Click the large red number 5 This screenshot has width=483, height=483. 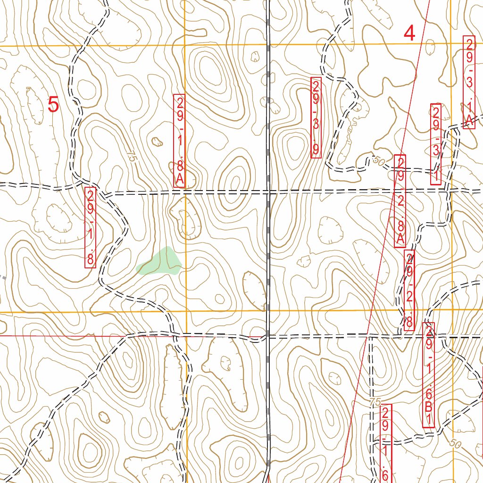coord(53,105)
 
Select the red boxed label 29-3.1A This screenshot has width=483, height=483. coord(469,82)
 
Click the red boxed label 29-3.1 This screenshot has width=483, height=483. coord(436,144)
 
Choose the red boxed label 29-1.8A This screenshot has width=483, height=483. coord(179,141)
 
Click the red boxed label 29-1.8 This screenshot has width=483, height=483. coord(90,228)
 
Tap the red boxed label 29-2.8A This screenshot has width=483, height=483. coord(400,200)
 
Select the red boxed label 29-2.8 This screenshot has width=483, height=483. coord(410,290)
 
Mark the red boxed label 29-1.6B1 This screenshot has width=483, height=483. coord(428,375)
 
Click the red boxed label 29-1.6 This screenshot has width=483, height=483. coord(386,443)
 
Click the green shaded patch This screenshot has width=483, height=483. coord(160,262)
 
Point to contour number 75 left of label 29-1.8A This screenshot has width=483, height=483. coord(131,158)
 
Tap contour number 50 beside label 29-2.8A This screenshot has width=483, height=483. coord(378,160)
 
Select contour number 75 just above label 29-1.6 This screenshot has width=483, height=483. coord(375,402)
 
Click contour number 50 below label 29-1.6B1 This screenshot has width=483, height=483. coord(455,443)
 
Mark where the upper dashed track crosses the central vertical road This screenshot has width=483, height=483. coord(268,192)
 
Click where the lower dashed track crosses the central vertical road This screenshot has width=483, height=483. coord(268,336)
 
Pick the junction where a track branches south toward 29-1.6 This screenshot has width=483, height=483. coord(371,337)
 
